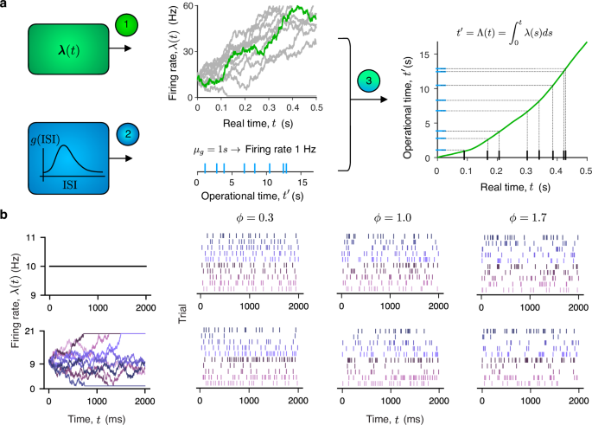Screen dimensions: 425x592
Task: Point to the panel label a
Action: coord(7,6)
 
